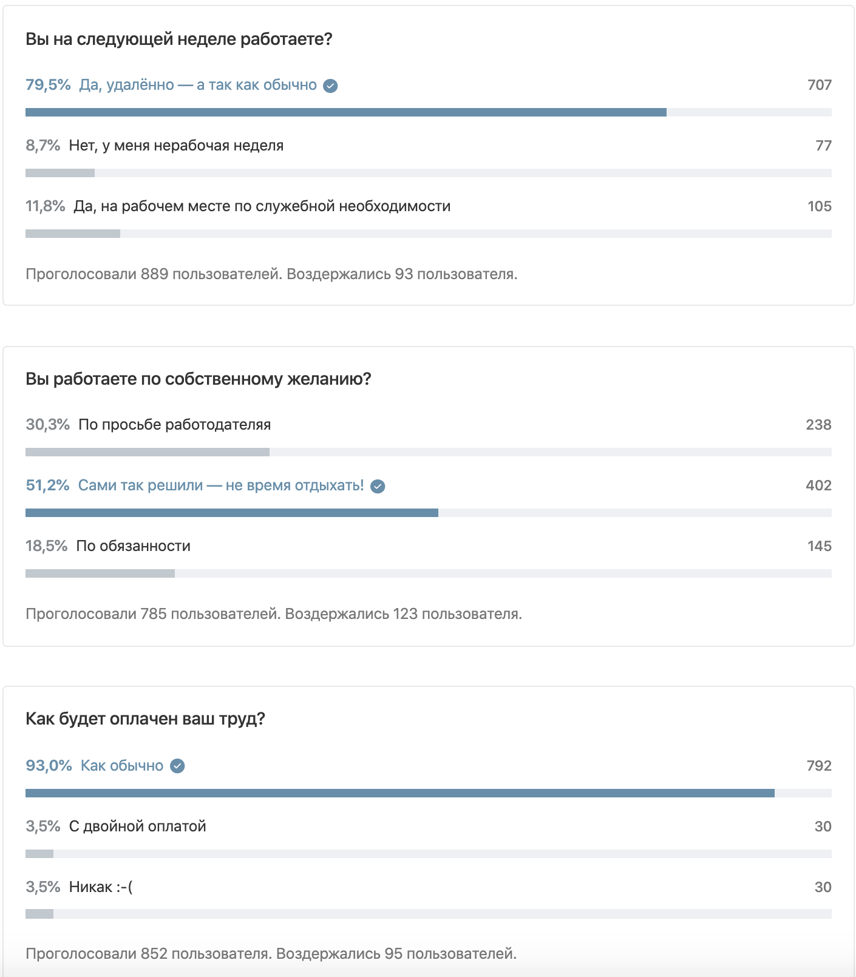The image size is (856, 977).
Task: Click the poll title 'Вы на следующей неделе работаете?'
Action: click(x=179, y=39)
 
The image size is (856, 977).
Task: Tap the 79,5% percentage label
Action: click(x=48, y=85)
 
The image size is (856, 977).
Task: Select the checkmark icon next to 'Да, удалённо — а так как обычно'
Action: click(x=330, y=86)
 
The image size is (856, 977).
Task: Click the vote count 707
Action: click(x=819, y=85)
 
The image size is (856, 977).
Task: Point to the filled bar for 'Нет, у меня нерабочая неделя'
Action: click(x=60, y=173)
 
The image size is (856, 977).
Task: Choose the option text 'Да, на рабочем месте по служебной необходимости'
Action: click(x=262, y=206)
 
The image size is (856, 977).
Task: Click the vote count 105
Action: click(x=819, y=206)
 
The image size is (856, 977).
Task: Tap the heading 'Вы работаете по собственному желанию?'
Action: click(x=198, y=379)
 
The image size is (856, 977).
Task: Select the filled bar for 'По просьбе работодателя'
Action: click(x=148, y=452)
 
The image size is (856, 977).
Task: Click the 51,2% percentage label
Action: click(x=47, y=485)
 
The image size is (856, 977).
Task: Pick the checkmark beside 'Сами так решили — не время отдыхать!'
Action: click(x=378, y=486)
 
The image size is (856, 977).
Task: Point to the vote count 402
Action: click(x=818, y=485)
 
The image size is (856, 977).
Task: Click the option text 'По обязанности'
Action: click(x=133, y=546)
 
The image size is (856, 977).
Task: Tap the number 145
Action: click(x=819, y=546)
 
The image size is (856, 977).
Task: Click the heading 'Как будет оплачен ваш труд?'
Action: click(x=145, y=719)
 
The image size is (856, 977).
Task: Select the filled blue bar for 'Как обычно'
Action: click(x=399, y=793)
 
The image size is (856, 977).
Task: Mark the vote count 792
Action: click(x=819, y=766)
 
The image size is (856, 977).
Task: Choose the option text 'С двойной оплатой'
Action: click(x=137, y=827)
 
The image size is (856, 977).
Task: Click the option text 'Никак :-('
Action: click(x=101, y=887)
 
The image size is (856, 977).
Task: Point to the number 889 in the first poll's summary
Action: click(x=154, y=274)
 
